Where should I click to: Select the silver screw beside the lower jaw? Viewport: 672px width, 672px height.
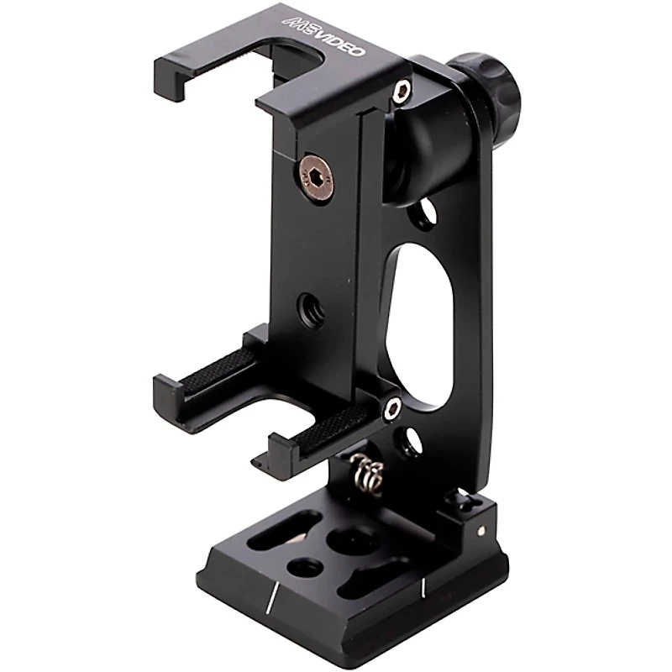(391, 410)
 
